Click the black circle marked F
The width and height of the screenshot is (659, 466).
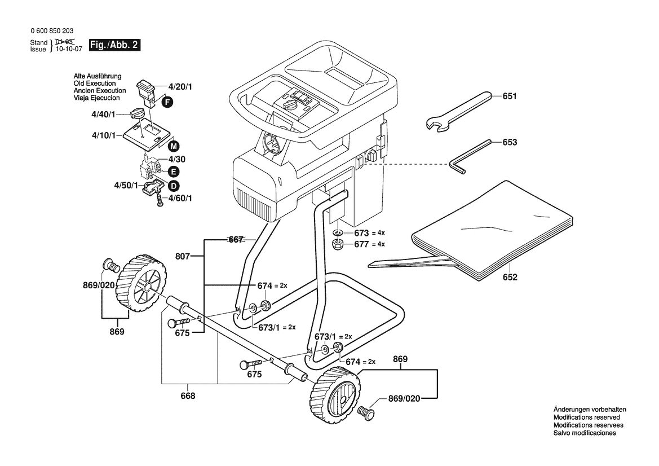click(167, 102)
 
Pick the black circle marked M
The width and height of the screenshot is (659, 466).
click(173, 146)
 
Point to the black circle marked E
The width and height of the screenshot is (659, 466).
click(173, 172)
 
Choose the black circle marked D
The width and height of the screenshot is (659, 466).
click(173, 186)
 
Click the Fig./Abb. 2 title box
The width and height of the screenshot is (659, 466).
click(114, 45)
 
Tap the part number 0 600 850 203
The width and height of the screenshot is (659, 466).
click(52, 30)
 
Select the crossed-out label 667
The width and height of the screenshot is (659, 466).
click(236, 239)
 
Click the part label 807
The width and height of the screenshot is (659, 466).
click(183, 256)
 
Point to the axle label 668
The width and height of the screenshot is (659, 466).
click(188, 396)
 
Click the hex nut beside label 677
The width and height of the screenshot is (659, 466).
click(337, 244)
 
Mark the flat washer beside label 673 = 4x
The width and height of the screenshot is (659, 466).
click(338, 232)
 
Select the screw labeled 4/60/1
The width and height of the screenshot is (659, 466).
click(160, 200)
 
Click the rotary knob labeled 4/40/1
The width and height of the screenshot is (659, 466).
click(137, 113)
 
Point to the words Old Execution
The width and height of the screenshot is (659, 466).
click(95, 83)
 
